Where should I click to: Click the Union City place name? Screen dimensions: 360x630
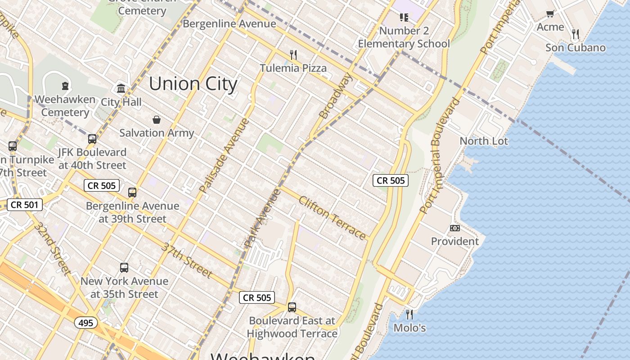click(193, 84)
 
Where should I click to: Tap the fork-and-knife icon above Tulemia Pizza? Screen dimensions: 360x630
click(293, 55)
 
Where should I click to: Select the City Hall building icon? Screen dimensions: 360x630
click(121, 88)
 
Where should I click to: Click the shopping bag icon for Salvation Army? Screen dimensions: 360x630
click(157, 120)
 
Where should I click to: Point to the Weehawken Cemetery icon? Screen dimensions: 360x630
click(65, 85)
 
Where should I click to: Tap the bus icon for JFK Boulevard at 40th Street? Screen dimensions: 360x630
click(92, 139)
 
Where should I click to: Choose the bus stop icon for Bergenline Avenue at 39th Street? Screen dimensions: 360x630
click(132, 193)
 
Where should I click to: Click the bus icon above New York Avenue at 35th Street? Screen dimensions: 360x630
click(124, 268)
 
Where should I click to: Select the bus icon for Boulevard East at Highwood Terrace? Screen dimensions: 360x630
click(292, 307)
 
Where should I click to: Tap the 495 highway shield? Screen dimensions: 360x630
click(86, 323)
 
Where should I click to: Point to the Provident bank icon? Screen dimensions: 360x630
click(455, 228)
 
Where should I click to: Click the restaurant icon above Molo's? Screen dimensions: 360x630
click(409, 314)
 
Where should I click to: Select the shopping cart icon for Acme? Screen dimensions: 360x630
click(550, 14)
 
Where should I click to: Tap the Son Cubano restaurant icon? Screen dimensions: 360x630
click(575, 34)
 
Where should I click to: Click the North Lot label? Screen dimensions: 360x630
click(483, 141)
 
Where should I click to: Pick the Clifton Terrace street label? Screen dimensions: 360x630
click(332, 218)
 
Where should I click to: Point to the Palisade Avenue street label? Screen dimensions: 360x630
click(224, 156)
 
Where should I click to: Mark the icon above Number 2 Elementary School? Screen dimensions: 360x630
click(404, 18)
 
